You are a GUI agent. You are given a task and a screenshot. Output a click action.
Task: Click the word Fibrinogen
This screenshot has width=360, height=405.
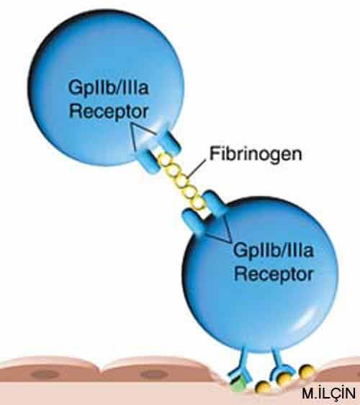pos(256,155)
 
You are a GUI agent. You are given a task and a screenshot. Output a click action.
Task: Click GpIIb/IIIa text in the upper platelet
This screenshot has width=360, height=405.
pos(109,89)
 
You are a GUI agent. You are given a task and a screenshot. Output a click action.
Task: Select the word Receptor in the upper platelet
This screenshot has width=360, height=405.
pos(109,112)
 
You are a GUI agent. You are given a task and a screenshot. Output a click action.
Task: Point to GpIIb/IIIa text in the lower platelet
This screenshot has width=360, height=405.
pos(274,251)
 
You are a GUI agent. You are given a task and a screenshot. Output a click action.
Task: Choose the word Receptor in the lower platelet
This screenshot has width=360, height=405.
pos(274,274)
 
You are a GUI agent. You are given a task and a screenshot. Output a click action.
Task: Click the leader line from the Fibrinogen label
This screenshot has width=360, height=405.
pos(197,169)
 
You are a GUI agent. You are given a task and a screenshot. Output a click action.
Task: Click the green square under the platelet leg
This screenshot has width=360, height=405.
pos(238,385)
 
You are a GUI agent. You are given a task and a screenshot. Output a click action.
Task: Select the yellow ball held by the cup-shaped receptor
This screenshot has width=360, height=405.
pos(284,379)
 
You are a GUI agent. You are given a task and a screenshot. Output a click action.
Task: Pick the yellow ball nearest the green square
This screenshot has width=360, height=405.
pos(263,387)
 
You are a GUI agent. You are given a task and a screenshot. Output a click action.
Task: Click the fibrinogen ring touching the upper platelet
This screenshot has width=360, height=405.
pos(165,160)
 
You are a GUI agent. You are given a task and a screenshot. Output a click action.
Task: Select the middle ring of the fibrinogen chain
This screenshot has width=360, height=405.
pos(181,181)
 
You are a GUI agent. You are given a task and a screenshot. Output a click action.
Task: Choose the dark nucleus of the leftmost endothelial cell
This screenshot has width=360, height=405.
pos(45,374)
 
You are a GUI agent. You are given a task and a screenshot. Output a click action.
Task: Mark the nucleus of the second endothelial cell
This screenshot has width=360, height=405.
pos(154,374)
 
